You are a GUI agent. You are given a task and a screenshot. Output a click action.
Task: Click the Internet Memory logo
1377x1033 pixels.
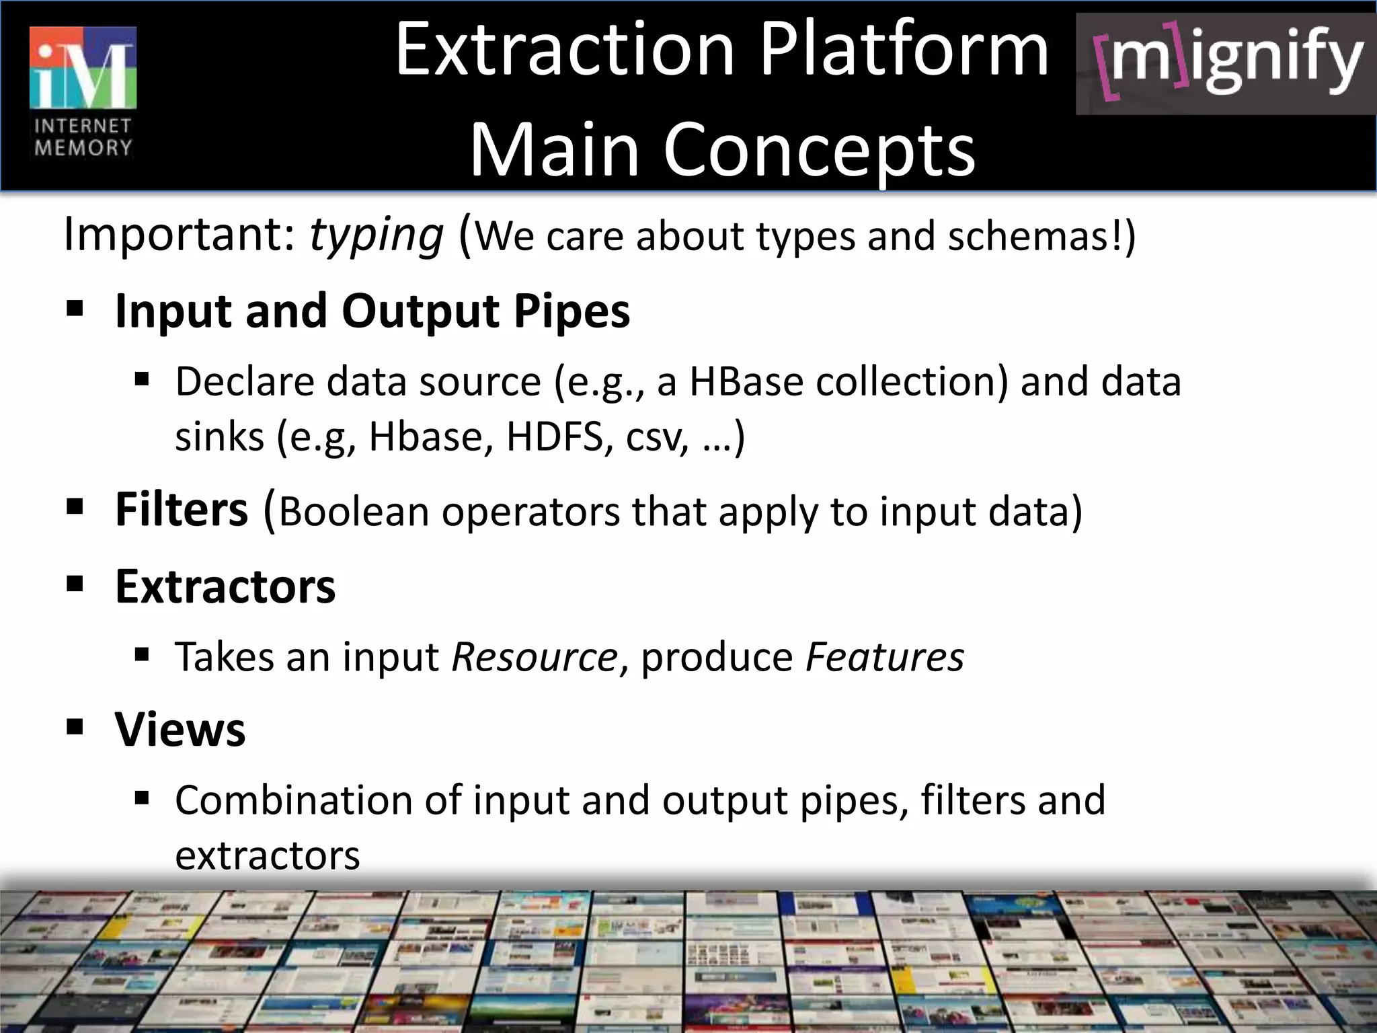83,92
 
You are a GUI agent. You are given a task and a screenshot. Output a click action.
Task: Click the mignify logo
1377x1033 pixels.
1226,64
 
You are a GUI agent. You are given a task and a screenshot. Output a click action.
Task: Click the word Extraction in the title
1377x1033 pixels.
565,50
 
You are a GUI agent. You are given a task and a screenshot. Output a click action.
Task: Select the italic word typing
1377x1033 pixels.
376,235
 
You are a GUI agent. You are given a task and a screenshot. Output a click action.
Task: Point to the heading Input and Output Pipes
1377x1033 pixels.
372,311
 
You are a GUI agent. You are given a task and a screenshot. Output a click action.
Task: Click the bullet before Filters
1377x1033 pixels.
75,506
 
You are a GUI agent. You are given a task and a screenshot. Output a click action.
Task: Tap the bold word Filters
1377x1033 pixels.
182,509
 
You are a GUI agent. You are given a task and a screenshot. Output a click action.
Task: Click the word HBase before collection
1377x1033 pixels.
746,382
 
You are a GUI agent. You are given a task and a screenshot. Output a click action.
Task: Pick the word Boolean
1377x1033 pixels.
354,512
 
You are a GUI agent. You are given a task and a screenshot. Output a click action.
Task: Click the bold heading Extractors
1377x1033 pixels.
225,586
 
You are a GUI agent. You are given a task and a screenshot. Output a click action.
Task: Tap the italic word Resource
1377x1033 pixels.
535,657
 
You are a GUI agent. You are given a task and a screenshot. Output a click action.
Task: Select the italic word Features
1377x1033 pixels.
884,657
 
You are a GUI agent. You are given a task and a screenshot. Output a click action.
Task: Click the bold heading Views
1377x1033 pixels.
180,729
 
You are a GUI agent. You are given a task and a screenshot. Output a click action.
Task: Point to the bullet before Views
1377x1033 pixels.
75,726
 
